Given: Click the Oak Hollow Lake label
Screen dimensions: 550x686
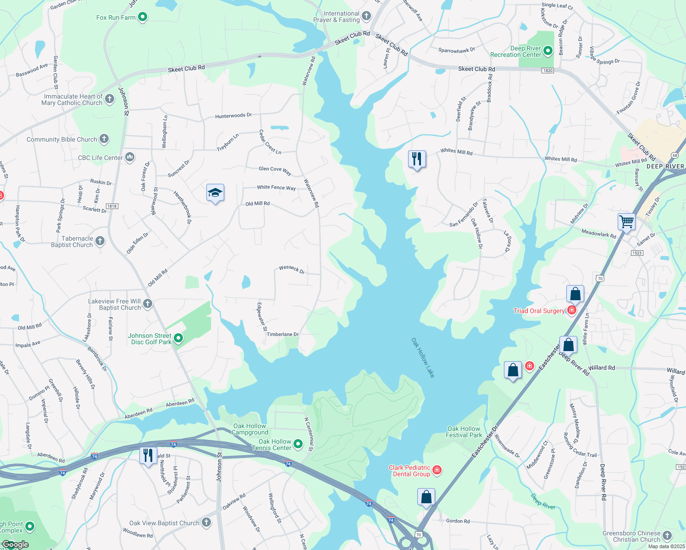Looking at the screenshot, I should coord(423,358).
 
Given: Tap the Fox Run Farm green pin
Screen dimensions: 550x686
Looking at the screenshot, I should coord(143,17).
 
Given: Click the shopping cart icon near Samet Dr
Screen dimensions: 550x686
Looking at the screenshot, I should coord(626,221).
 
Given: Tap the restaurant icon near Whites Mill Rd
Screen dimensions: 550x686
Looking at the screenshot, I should coord(417,159).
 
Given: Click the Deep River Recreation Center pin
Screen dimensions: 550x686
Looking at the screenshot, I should coord(548,51).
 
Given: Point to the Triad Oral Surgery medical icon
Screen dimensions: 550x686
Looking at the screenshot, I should coord(572,310).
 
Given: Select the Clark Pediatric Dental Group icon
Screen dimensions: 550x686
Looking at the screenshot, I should coord(437,470).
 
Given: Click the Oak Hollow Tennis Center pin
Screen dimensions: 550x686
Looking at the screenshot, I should coord(298,444).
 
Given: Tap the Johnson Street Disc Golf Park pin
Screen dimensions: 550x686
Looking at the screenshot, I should coord(179,339).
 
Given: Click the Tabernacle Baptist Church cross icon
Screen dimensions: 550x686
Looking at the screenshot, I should coord(100,241).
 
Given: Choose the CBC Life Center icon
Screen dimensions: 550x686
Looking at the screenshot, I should coord(130,158).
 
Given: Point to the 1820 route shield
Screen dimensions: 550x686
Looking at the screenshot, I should coord(548,71).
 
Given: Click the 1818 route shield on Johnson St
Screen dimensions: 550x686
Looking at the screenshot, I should coord(112,206).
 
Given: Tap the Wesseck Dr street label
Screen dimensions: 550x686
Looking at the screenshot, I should coord(292,269).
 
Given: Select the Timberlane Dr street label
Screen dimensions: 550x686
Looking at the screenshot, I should coord(282,335).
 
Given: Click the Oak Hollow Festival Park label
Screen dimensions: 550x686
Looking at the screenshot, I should coord(464,432).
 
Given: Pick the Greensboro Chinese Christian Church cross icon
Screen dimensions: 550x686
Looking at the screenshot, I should coord(667,535).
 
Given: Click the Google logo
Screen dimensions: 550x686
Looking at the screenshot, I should coord(15,544).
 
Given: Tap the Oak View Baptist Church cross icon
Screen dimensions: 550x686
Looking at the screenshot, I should coord(206,522).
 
